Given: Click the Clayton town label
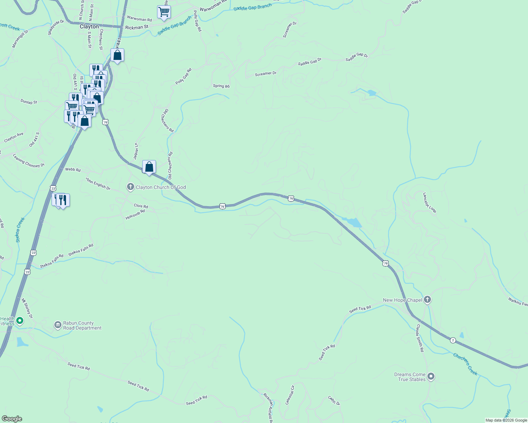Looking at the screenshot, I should coord(89,27).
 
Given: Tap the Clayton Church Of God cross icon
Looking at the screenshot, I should coord(131,187).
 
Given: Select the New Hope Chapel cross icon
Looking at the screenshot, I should coord(427,300).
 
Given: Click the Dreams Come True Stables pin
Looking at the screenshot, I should coord(431,376).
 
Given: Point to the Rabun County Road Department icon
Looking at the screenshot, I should coord(58,325).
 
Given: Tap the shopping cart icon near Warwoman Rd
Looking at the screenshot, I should coord(164,12).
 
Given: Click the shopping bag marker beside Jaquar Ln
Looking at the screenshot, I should coord(149,167).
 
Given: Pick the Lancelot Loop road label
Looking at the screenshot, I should coord(430,203).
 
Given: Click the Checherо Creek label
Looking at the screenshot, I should coord(465,364).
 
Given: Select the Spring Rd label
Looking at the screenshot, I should coord(221,86).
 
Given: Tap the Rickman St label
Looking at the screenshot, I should coord(137,27).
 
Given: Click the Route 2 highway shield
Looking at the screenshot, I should coord(453,341).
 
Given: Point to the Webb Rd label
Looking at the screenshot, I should coord(73,170).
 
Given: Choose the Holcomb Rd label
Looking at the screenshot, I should coord(135,215).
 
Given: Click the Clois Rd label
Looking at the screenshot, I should coord(141,206).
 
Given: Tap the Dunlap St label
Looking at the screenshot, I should coord(29,102).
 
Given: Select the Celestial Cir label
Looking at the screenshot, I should coord(290,395).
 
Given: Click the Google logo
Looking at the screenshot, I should coord(12,419).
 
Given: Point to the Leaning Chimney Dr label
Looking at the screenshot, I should coord(29,161).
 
